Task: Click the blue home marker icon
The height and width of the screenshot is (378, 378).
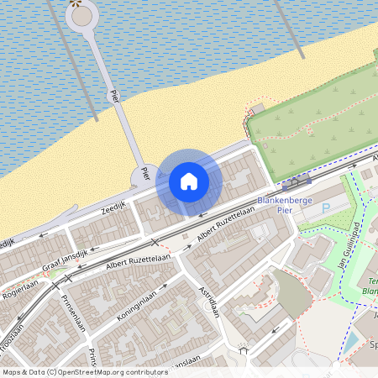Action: [189, 181]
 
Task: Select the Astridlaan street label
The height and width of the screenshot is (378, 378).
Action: [207, 299]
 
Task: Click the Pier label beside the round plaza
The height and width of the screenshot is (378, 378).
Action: [144, 174]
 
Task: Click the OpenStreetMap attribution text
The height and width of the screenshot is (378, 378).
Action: [84, 371]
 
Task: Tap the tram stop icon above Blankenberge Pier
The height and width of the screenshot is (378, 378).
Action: [296, 181]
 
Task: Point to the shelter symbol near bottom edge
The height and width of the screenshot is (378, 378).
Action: [244, 350]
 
